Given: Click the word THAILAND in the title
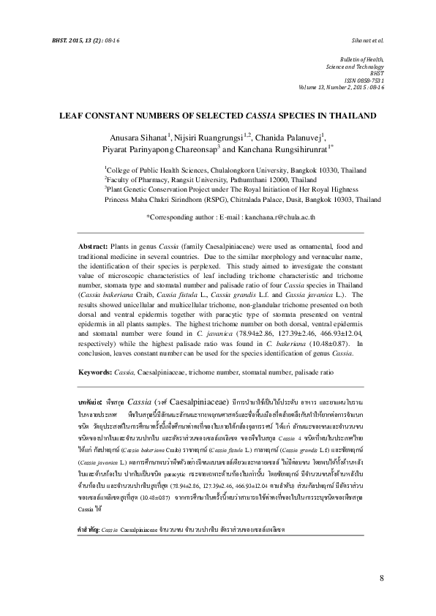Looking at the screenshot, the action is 353,116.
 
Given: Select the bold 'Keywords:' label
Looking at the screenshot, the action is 98,372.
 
